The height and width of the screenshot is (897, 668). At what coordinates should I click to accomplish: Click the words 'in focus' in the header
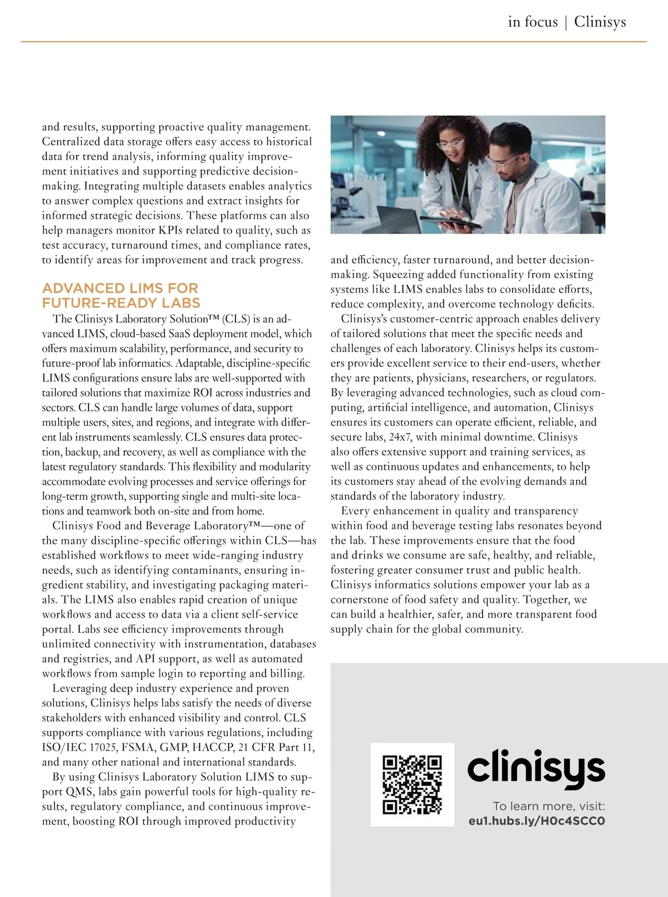(533, 22)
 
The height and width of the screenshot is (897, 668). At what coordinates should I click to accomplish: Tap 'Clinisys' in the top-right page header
(600, 22)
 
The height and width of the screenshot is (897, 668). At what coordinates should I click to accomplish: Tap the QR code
(412, 784)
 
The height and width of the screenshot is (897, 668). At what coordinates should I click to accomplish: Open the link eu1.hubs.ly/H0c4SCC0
(537, 821)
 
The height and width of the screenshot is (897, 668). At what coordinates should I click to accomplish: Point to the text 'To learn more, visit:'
(549, 806)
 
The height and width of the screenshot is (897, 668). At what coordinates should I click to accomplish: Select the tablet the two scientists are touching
(451, 222)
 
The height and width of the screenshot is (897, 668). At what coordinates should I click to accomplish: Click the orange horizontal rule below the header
(334, 42)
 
